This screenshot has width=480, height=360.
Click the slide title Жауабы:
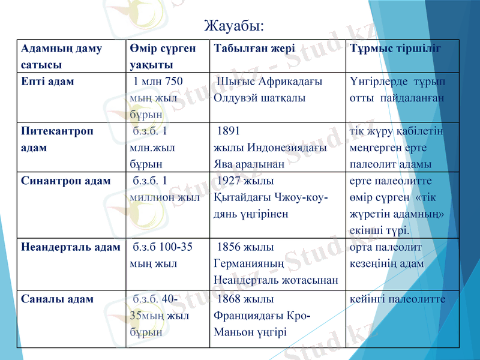[234, 26]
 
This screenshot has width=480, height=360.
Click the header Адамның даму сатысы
[61, 56]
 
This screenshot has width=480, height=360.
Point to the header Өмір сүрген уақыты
[161, 56]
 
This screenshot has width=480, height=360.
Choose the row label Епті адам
[47, 81]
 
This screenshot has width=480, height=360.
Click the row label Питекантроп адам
[57, 139]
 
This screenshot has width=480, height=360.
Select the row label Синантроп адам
[65, 181]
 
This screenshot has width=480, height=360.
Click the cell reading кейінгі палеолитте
[397, 299]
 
